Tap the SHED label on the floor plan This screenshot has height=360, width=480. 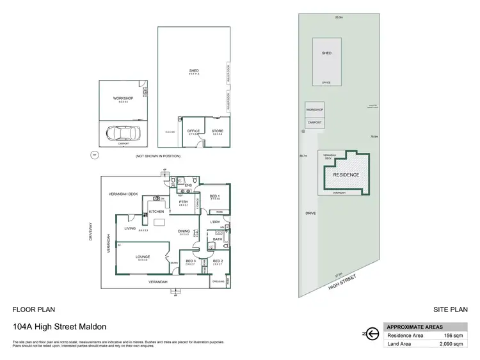point(193,70)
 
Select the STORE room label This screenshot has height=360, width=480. point(218,131)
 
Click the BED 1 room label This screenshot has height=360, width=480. point(215,196)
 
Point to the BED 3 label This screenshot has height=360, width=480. point(191,261)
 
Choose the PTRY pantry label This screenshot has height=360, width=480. point(182,201)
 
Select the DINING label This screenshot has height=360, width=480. point(184,231)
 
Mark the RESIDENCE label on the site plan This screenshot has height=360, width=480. point(346,175)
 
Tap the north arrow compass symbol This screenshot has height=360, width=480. point(369,333)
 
